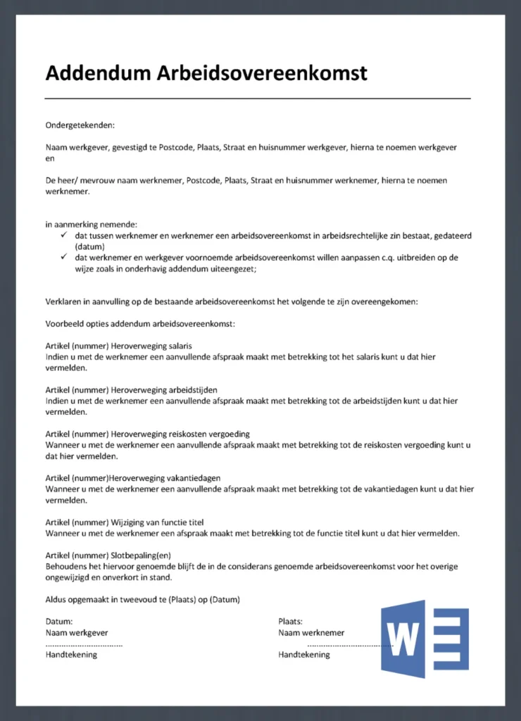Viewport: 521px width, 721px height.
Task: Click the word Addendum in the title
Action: (98, 73)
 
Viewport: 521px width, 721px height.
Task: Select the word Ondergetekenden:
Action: (80, 125)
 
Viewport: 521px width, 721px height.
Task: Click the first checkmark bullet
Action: (63, 234)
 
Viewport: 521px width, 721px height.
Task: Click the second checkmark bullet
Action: (63, 257)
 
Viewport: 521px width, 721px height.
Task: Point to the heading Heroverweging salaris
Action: (151, 346)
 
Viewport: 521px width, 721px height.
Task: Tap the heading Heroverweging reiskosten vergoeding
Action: (180, 434)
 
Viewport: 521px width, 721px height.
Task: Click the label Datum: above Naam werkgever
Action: (59, 621)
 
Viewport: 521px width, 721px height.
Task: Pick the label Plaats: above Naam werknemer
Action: (290, 621)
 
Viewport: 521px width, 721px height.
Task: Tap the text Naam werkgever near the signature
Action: (77, 632)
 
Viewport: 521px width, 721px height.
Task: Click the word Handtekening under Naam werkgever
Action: (71, 654)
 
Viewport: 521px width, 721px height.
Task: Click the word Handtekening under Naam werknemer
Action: (304, 654)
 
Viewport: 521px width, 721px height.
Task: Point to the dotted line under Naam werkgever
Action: (84, 644)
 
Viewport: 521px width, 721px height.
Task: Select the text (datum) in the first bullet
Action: (89, 246)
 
